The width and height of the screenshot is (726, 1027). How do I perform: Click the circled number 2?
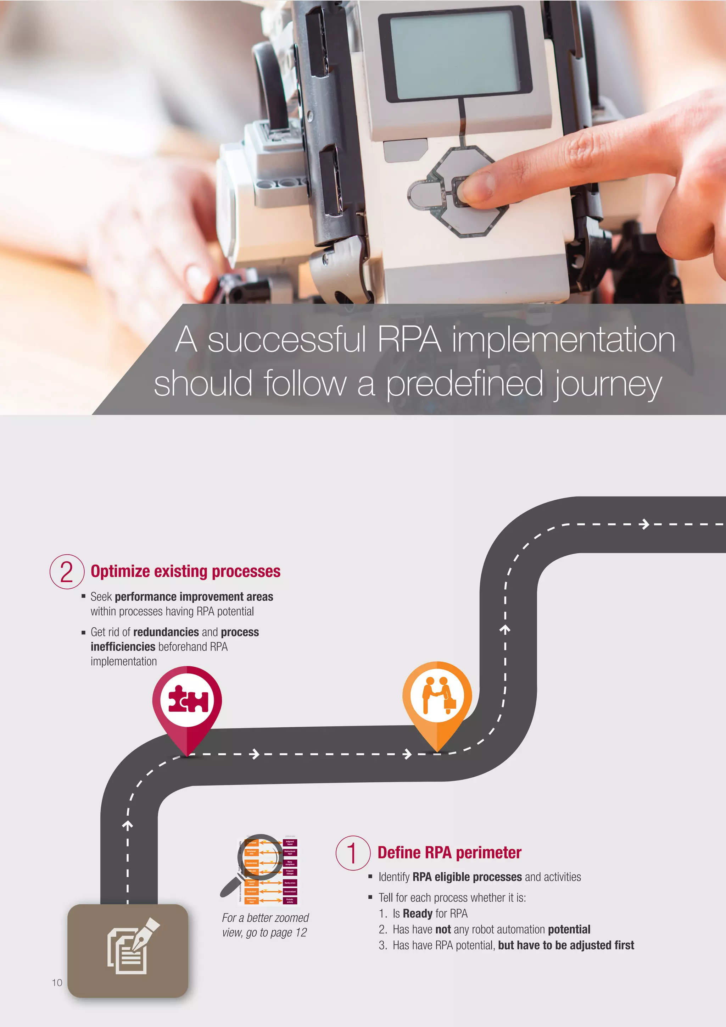[67, 571]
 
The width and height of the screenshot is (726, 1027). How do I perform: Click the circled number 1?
[353, 853]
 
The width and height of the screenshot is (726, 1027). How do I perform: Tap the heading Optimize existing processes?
[185, 572]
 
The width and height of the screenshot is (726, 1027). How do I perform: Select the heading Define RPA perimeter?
[449, 853]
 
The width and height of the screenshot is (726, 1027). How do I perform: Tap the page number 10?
[57, 983]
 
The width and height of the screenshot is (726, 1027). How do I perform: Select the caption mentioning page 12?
[265, 925]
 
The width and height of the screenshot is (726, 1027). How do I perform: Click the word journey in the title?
[608, 384]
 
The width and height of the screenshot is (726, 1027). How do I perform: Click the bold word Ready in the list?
[418, 914]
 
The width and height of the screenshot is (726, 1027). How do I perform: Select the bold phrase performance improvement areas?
[194, 597]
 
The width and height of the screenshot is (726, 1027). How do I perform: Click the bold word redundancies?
[166, 632]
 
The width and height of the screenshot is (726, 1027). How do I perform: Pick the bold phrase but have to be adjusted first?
[566, 945]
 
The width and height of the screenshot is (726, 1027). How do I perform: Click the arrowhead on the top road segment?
[644, 524]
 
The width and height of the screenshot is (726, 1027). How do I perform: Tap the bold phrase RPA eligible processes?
[467, 877]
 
